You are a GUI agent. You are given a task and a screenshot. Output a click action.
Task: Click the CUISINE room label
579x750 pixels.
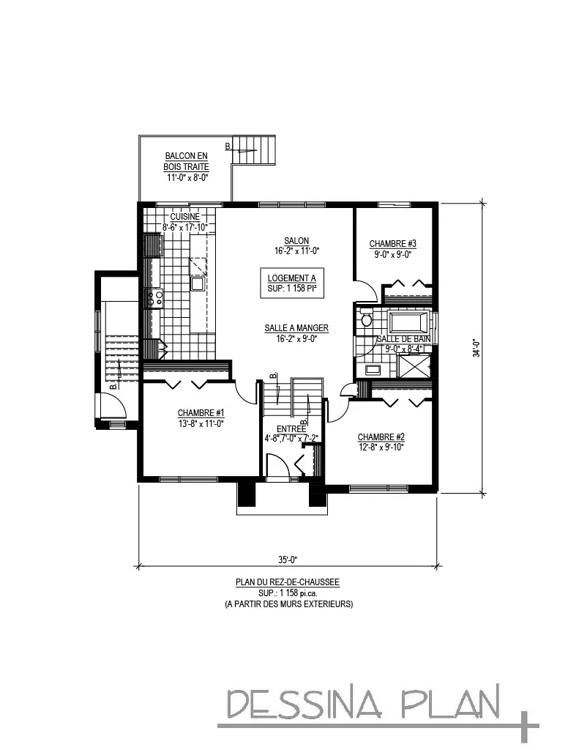pyautogui.click(x=184, y=217)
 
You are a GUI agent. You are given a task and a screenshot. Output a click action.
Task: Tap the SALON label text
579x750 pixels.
pyautogui.click(x=296, y=241)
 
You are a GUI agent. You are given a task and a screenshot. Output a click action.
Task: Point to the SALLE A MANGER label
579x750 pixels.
pyautogui.click(x=296, y=329)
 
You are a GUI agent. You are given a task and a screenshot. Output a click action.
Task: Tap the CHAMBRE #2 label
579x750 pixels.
pyautogui.click(x=381, y=437)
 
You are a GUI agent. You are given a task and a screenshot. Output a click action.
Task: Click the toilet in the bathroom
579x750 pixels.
pyautogui.click(x=367, y=319)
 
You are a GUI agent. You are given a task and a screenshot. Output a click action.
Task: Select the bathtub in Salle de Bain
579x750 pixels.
pyautogui.click(x=408, y=322)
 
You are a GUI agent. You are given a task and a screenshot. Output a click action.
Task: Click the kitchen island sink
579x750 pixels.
pyautogui.click(x=198, y=283)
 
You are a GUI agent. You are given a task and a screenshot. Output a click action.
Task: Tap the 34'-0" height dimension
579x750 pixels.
pyautogui.click(x=476, y=347)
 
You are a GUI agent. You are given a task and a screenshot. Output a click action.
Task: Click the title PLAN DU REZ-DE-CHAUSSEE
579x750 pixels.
pyautogui.click(x=287, y=582)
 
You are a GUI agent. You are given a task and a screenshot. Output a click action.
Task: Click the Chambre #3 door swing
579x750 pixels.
pyautogui.click(x=366, y=292)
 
